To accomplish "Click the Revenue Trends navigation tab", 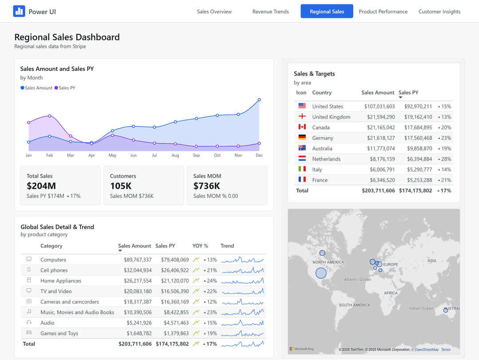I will tap(271, 12).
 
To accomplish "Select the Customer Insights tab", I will tap(439, 12).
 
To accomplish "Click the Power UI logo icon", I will tap(19, 12).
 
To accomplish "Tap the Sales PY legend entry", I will tap(65, 88).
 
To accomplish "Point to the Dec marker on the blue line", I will tap(259, 100).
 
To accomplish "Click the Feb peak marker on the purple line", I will tap(49, 116).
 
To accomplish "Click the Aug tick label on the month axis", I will tap(175, 155).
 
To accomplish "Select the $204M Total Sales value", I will tap(41, 186).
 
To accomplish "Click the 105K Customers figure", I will tap(120, 186).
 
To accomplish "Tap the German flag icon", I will tap(302, 138).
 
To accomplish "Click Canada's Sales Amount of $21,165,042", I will tap(379, 127).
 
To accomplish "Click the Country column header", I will tap(322, 93).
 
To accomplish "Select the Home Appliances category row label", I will tap(61, 281).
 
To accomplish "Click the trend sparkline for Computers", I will tap(242, 260).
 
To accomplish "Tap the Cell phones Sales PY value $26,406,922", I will tap(172, 270).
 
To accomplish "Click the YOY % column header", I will tap(200, 246).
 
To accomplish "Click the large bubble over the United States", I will tap(321, 273).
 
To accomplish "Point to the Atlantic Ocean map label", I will tap(357, 280).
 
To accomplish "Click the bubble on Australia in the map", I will tap(446, 310).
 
